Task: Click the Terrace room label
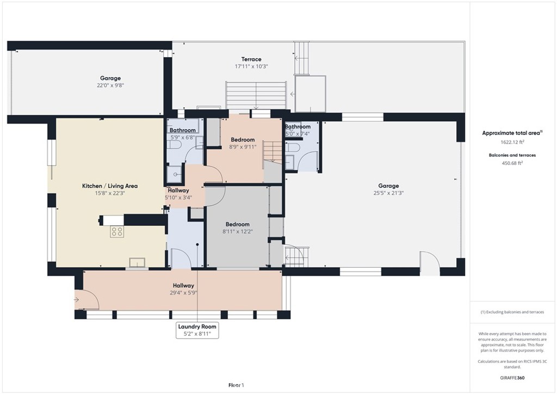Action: pyautogui.click(x=251, y=59)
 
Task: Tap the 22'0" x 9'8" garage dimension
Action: pyautogui.click(x=110, y=85)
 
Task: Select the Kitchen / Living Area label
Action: pyautogui.click(x=110, y=186)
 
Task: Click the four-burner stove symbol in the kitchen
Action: pyautogui.click(x=117, y=232)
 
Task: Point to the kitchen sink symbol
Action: pyautogui.click(x=137, y=262)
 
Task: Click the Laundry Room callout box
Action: pyautogui.click(x=197, y=330)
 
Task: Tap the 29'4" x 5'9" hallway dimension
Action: pyautogui.click(x=183, y=293)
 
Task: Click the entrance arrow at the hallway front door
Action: pyautogui.click(x=76, y=300)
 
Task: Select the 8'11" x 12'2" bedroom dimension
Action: pyautogui.click(x=237, y=232)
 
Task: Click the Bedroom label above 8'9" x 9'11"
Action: pyautogui.click(x=243, y=140)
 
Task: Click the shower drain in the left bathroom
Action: pyautogui.click(x=176, y=174)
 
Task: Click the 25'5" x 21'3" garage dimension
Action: pyautogui.click(x=388, y=193)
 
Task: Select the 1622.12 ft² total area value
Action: pyautogui.click(x=512, y=141)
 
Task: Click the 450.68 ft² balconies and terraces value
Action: pyautogui.click(x=512, y=163)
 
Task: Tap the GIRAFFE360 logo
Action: pyautogui.click(x=512, y=378)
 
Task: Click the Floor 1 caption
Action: pyautogui.click(x=236, y=385)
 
